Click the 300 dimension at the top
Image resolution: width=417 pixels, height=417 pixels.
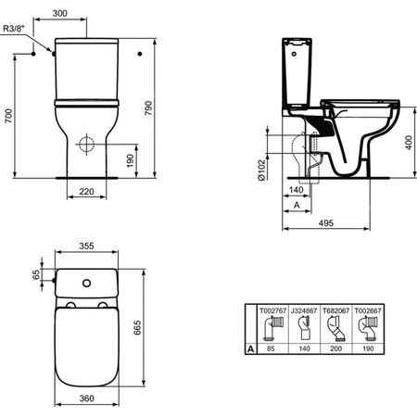click(x=60, y=13)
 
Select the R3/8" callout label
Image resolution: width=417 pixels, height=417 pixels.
click(x=14, y=29)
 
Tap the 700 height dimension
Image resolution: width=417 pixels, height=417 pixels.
click(x=8, y=116)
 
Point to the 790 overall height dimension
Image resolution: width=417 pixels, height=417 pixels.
click(x=148, y=108)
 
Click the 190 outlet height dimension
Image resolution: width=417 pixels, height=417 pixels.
click(x=130, y=161)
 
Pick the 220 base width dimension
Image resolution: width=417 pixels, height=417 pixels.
click(x=86, y=192)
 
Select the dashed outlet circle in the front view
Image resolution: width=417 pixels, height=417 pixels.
click(x=86, y=144)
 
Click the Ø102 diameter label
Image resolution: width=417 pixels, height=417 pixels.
click(x=261, y=170)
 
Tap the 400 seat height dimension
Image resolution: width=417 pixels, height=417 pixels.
click(x=409, y=143)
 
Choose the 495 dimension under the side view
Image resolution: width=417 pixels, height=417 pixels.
click(x=326, y=223)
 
